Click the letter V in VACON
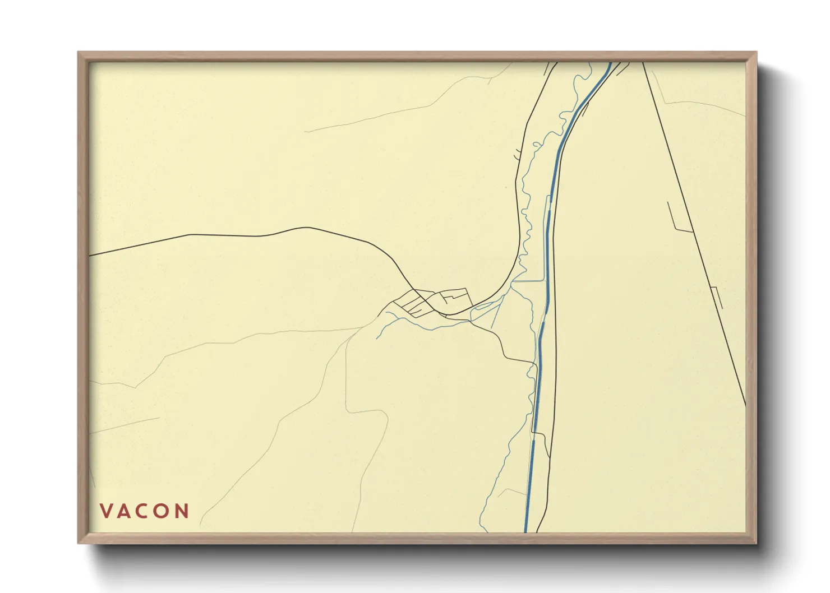click(x=107, y=511)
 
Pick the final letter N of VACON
click(x=182, y=511)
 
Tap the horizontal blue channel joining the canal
click(x=530, y=281)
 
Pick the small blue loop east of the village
click(x=483, y=307)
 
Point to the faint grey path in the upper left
click(x=393, y=112)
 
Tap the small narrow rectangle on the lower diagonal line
click(x=716, y=297)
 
